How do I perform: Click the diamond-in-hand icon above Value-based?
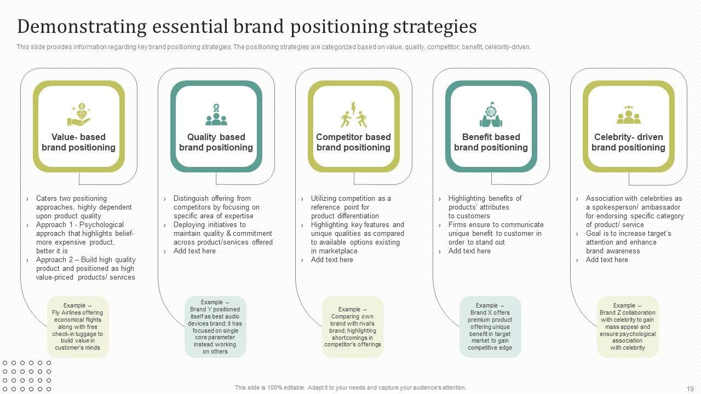point(79,114)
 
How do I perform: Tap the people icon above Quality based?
point(216,114)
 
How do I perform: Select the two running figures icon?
point(353,114)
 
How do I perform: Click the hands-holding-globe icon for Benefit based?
point(491,114)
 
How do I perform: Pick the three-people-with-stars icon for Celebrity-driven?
point(628,114)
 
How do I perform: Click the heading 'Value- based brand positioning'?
point(79,142)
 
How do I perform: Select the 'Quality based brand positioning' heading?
point(216,142)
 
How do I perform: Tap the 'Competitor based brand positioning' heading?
point(353,142)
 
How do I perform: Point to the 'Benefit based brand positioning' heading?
point(491,142)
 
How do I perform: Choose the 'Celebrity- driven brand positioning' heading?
point(628,142)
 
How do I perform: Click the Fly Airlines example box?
point(78,327)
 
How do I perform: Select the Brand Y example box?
point(215,327)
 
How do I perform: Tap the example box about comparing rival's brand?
point(353,327)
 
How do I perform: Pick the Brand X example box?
point(490,327)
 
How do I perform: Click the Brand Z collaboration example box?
point(628,327)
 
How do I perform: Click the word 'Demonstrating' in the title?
point(82,27)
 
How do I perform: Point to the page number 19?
point(689,389)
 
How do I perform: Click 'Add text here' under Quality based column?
point(194,251)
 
